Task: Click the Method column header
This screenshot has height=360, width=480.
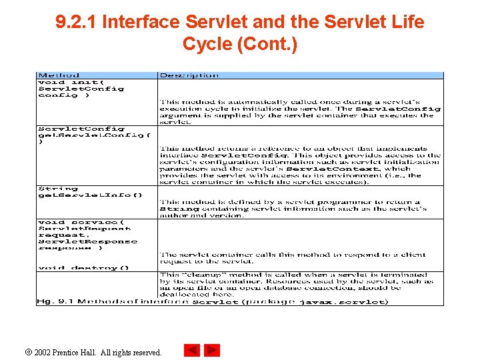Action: (59, 75)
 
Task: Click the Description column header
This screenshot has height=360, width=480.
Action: (189, 75)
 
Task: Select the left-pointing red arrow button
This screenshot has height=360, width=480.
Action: (192, 350)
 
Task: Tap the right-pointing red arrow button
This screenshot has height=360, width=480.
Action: (212, 350)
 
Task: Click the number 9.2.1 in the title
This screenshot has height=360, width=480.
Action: (76, 22)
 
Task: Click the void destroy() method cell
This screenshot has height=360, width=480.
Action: (78, 268)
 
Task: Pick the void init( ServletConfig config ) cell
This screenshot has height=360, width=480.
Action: (81, 88)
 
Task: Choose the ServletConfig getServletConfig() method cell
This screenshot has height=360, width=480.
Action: (94, 135)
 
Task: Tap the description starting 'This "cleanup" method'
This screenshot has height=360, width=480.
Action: (295, 284)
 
